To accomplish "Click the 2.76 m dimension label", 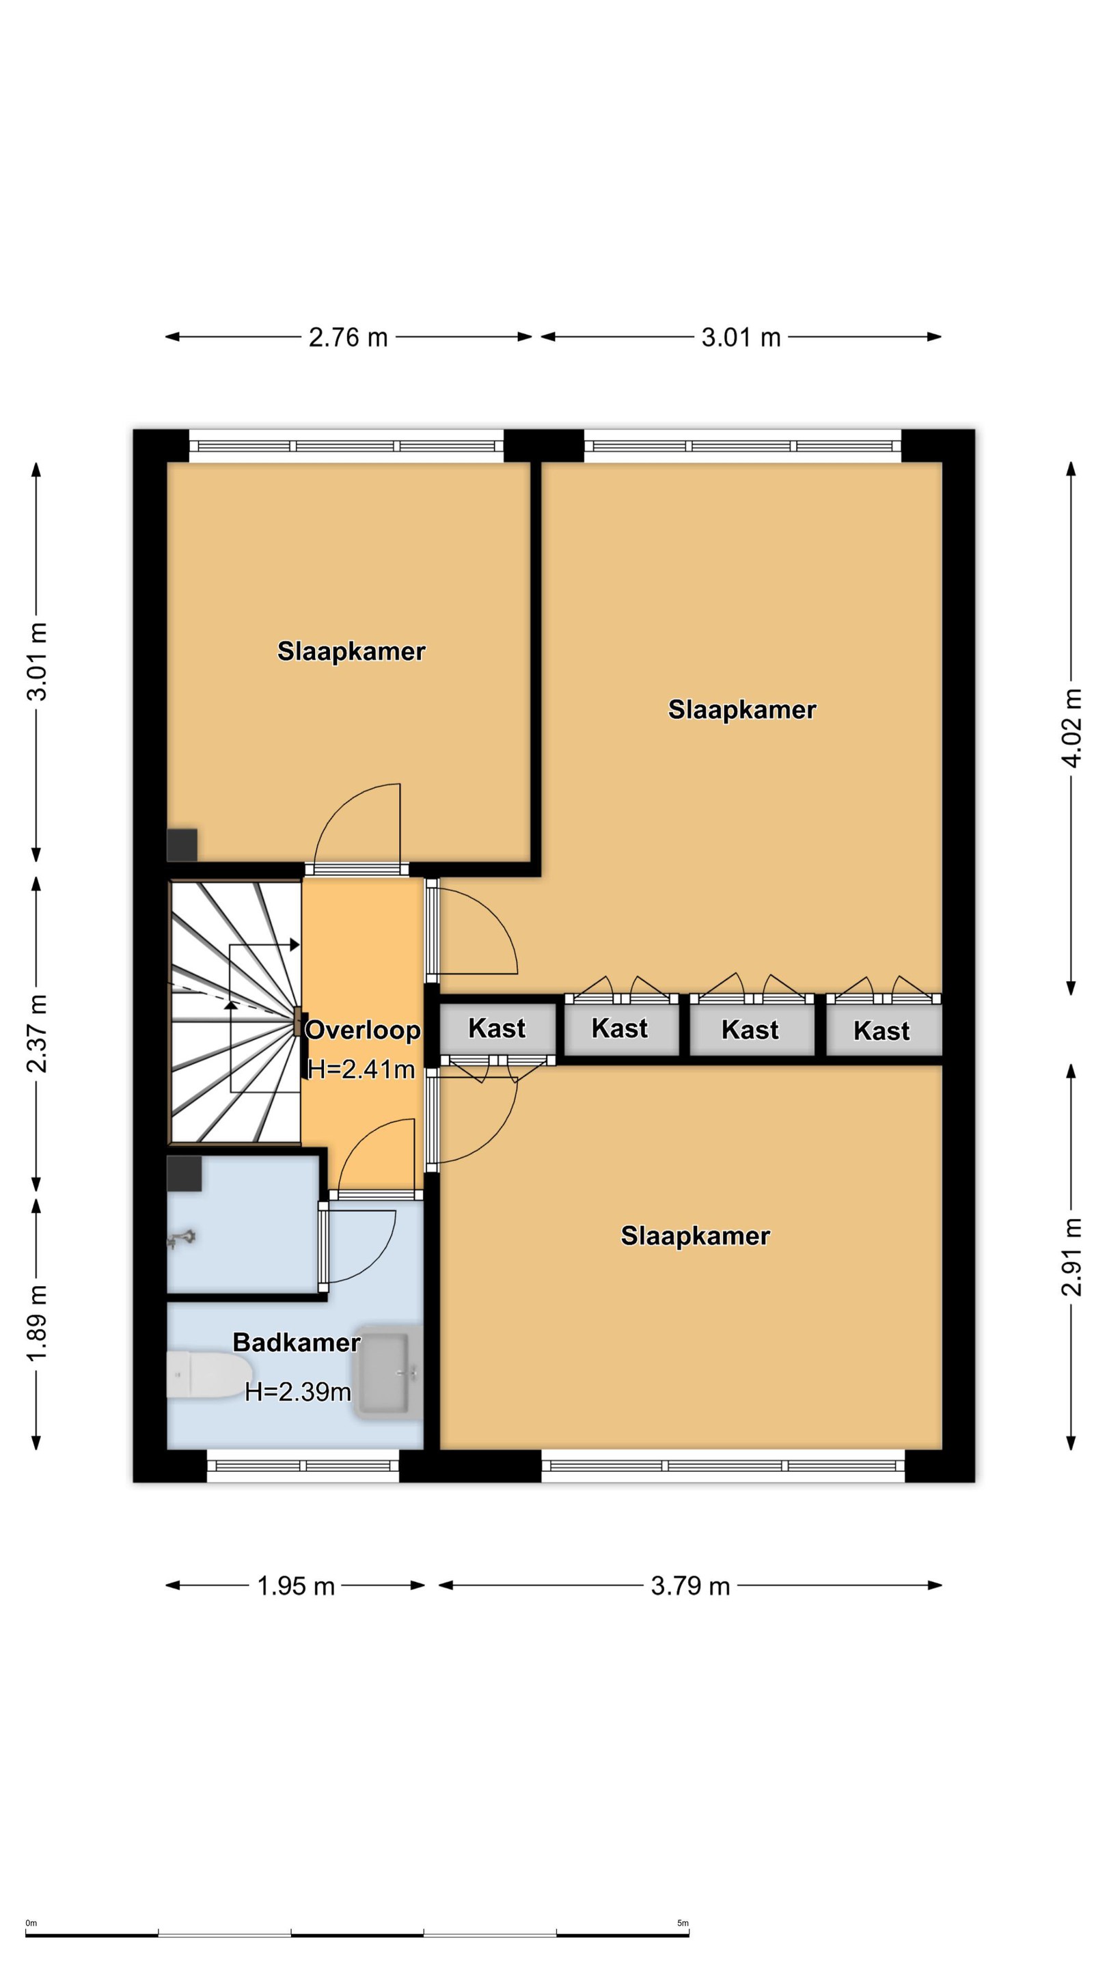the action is pos(348,337).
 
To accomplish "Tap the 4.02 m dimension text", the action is pos(1072,727).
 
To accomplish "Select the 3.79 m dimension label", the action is pos(690,1586).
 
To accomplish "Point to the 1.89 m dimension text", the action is pos(37,1322).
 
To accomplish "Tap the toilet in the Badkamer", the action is pos(199,1375).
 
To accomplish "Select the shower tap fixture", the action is pos(182,1238).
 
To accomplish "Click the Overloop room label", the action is pos(363,1029).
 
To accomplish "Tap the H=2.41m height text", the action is pos(361,1069).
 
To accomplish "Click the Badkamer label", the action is pos(297,1342).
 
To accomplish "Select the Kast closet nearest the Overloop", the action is pos(497,1028).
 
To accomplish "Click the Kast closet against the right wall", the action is pos(883,1030).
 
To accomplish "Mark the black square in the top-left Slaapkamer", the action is pos(182,845).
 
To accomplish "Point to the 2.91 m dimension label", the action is pos(1072,1256).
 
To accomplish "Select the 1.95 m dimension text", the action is pos(296,1586).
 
